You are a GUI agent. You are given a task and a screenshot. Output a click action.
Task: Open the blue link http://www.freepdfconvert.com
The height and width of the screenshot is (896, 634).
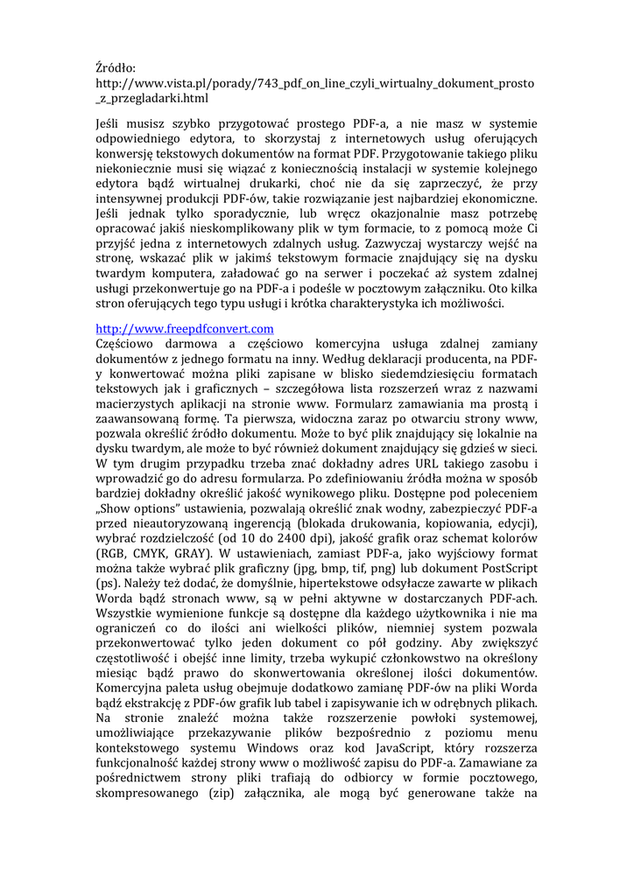[185, 328]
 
